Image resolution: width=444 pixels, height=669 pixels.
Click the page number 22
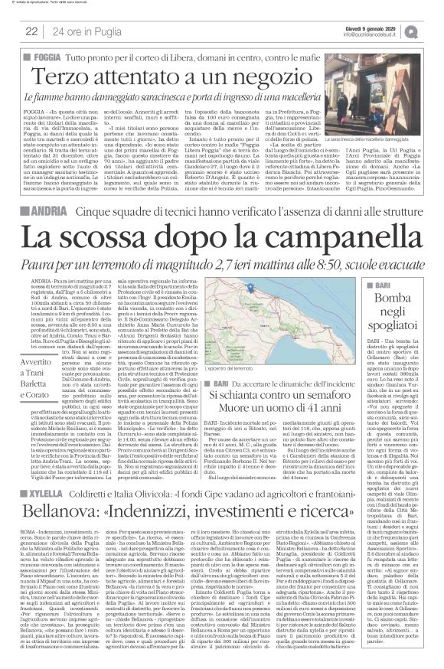[x=31, y=31]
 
